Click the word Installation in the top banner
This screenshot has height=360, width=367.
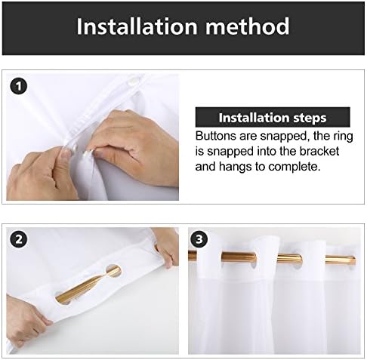[137, 26]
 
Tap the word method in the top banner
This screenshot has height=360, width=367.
[248, 26]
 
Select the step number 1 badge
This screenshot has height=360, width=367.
[18, 87]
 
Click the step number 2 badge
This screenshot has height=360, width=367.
[18, 239]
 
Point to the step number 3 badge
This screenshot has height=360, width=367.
[199, 239]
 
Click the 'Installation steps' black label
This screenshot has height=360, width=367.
[273, 117]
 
